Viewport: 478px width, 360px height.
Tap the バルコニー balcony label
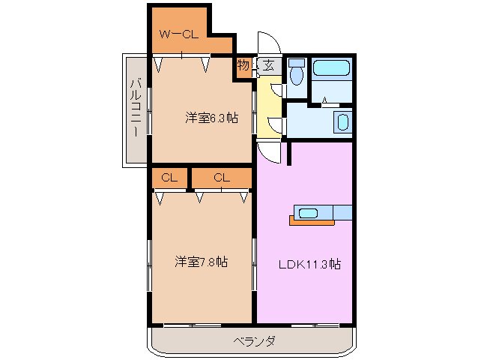click(x=136, y=108)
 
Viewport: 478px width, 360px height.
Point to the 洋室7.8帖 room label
click(x=202, y=262)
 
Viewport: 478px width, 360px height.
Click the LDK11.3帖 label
click(x=310, y=264)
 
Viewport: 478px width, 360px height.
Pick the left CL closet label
click(x=169, y=178)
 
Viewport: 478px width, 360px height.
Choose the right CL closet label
click(x=221, y=178)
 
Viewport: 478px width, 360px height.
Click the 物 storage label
click(x=243, y=66)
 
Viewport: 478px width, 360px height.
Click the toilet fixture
click(x=296, y=73)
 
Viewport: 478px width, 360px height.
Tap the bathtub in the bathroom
click(x=330, y=69)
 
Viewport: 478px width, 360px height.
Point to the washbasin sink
click(x=342, y=122)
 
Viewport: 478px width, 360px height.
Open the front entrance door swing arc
click(x=267, y=43)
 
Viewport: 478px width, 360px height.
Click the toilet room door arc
click(x=277, y=89)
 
